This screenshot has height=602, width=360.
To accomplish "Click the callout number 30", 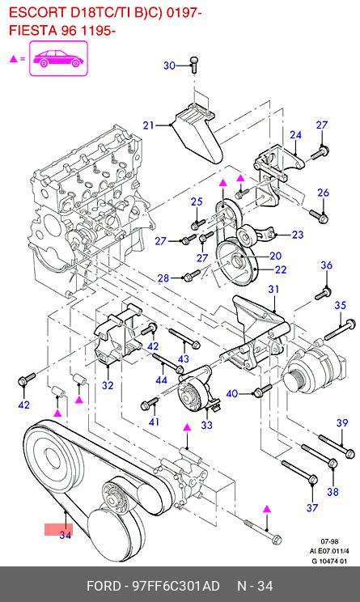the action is click(x=169, y=66).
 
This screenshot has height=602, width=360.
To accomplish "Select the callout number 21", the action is click(x=148, y=125).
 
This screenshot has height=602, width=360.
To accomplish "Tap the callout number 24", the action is click(x=295, y=135).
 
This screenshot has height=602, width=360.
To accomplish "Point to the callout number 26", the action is click(x=323, y=193).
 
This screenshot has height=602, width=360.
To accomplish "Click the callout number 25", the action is click(x=197, y=201).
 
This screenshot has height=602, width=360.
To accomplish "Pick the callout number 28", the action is click(x=163, y=278).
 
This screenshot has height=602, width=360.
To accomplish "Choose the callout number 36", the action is click(x=326, y=265).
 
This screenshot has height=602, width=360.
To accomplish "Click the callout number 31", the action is click(x=273, y=289).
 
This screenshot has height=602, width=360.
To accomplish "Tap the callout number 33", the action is click(x=206, y=425).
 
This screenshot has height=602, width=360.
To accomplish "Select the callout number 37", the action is click(x=312, y=507).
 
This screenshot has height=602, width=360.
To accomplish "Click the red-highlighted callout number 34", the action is click(x=65, y=535).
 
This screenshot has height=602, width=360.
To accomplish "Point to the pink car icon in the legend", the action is click(x=59, y=58).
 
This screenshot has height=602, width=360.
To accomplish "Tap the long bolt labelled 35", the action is click(x=340, y=329).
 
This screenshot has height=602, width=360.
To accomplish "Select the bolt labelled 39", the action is click(x=337, y=446).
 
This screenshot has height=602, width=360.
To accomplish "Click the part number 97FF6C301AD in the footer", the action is click(x=176, y=586).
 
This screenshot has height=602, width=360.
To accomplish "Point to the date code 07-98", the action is click(x=329, y=542).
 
